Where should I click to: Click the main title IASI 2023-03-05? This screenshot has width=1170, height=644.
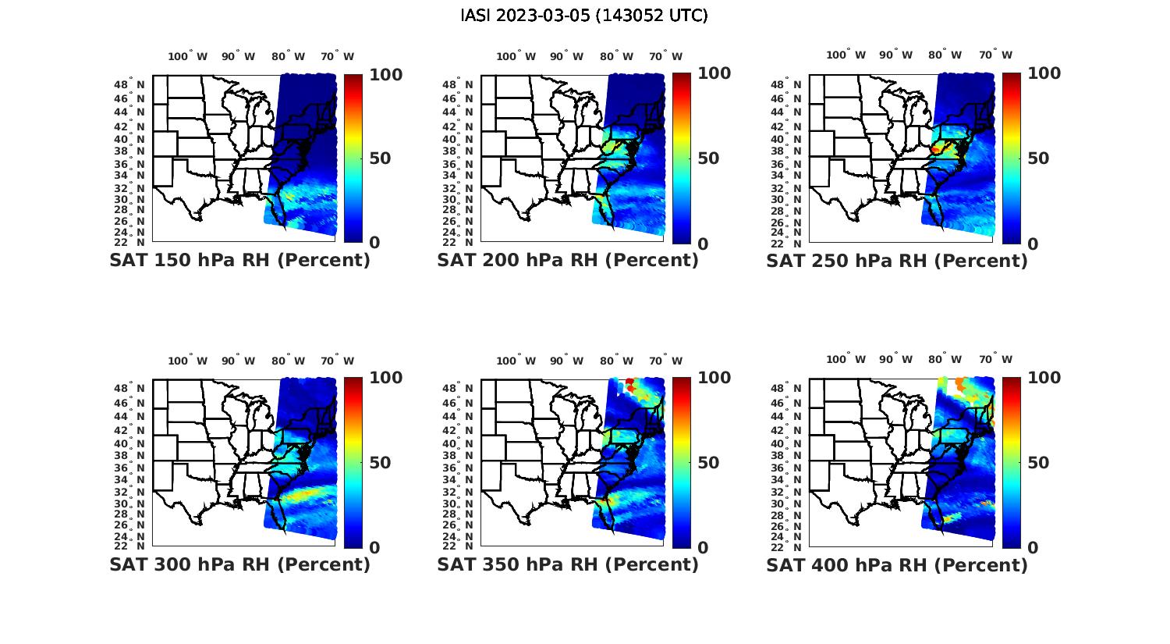(584, 16)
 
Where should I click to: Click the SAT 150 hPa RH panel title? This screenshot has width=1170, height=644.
(239, 260)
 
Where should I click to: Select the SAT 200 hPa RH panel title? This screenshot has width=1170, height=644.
(568, 260)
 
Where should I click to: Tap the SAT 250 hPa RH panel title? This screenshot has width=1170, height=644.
(897, 261)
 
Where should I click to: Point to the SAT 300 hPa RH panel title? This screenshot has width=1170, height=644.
(239, 564)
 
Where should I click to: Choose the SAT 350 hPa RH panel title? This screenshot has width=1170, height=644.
(568, 564)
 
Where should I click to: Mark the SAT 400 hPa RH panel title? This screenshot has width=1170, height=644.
(897, 565)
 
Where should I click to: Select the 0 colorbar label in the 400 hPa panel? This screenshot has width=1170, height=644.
(1033, 547)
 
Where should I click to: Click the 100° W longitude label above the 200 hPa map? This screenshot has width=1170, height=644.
(516, 56)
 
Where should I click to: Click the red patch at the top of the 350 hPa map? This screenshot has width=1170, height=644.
(629, 382)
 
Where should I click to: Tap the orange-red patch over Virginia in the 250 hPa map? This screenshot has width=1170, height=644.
(939, 146)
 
